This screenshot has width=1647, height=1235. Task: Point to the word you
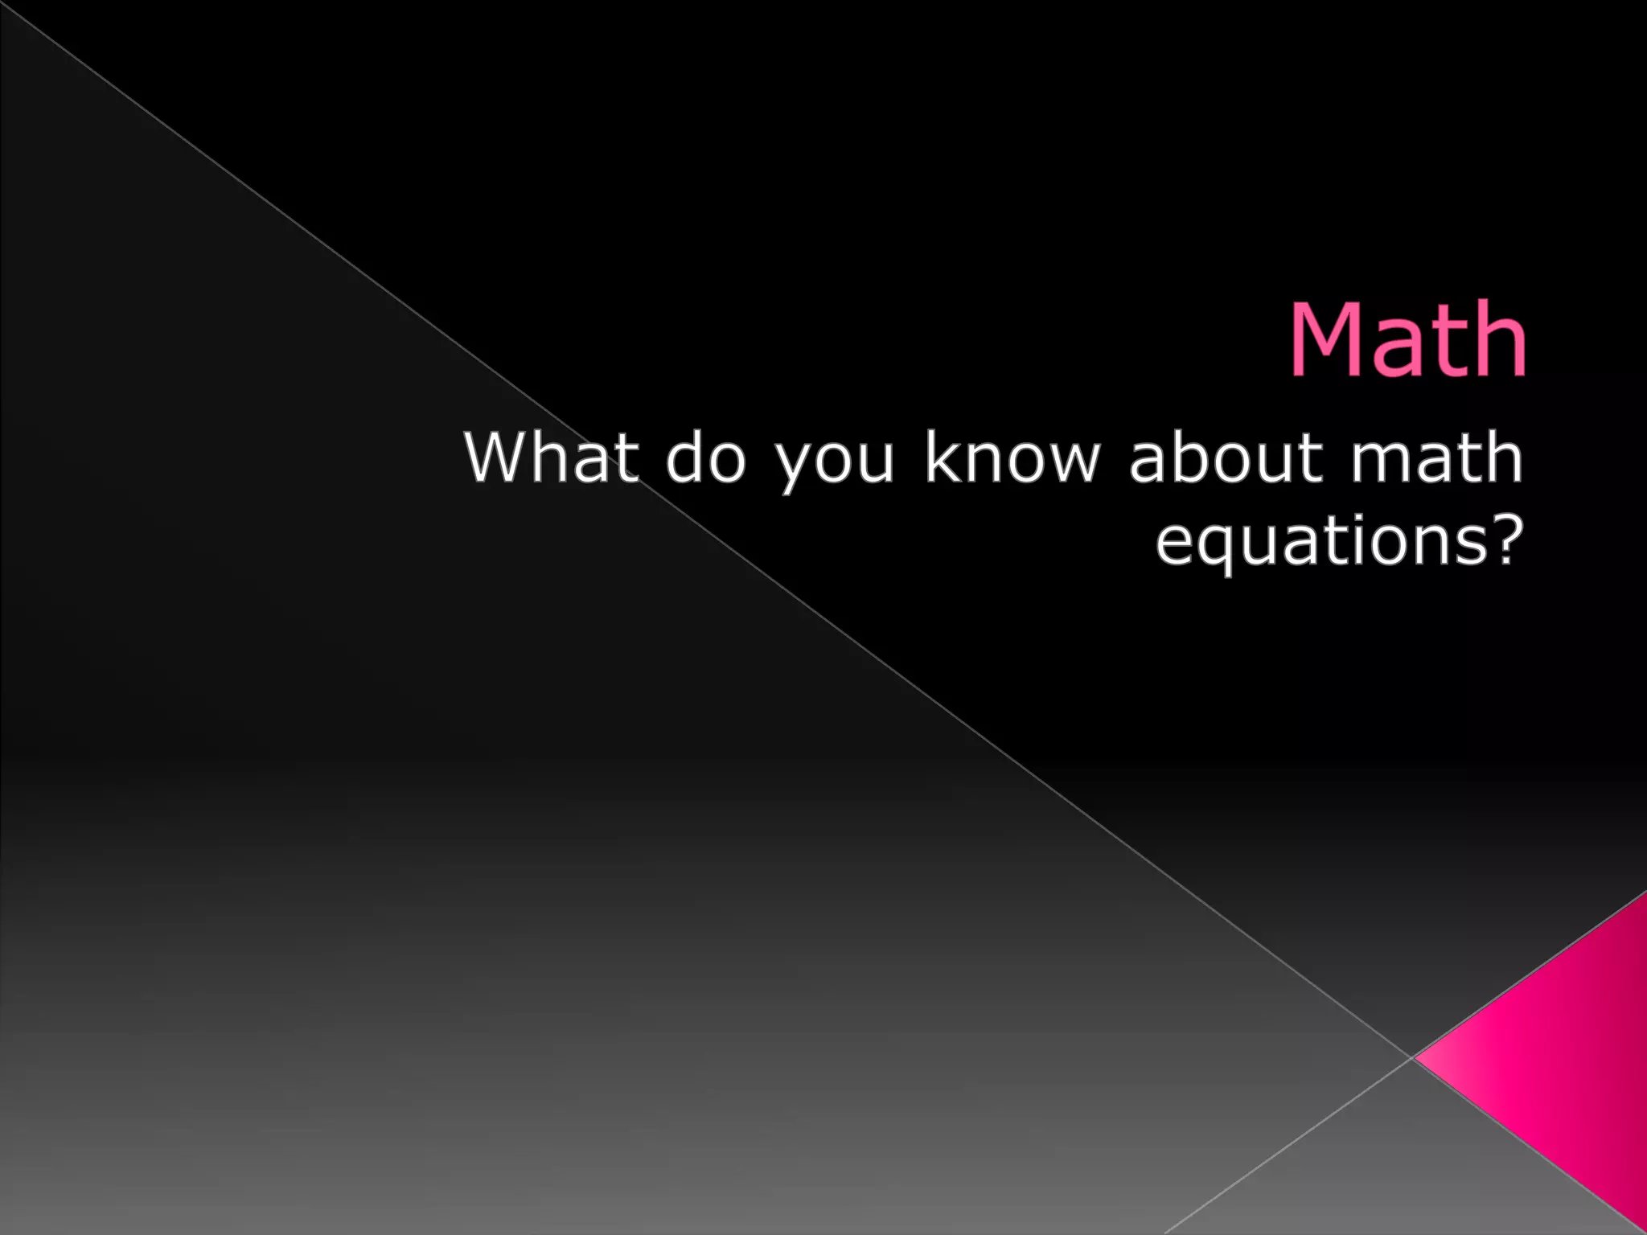click(836, 462)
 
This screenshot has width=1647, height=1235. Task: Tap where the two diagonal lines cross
click(1411, 1057)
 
